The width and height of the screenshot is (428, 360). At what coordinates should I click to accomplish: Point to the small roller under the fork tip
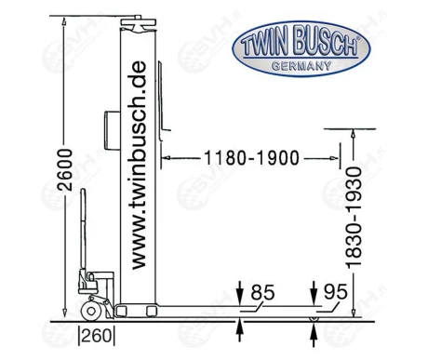[314, 318]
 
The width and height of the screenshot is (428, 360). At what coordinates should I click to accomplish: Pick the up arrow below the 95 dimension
[313, 328]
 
